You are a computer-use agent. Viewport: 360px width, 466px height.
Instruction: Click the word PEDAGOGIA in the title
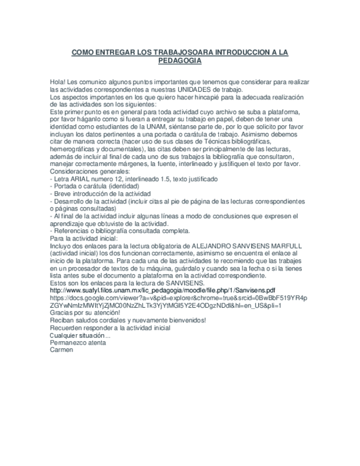click(180, 60)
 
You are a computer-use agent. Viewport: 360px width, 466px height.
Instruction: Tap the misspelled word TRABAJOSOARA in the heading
click(175, 52)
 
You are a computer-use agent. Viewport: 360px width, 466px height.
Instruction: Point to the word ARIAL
click(76, 179)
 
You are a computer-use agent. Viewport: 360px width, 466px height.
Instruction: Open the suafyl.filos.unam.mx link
click(162, 290)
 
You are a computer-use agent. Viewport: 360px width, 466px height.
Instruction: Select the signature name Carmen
click(60, 349)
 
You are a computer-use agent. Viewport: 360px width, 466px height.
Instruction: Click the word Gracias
click(62, 313)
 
